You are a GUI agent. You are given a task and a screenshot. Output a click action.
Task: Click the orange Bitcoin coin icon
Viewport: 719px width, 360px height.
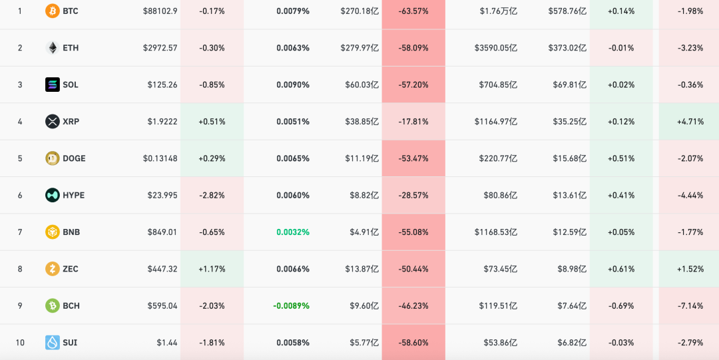52,11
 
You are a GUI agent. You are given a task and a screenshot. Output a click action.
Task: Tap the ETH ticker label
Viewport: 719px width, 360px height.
71,48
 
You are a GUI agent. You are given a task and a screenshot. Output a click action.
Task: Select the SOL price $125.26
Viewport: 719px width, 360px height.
162,85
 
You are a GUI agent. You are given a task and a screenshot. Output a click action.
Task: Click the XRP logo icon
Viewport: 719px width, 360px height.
52,122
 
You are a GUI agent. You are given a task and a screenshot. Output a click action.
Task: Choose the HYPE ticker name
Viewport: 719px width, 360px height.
73,195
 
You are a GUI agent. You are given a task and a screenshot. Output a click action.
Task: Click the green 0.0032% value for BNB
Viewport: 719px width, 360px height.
293,232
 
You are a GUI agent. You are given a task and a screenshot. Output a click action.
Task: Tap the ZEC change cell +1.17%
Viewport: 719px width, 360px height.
212,269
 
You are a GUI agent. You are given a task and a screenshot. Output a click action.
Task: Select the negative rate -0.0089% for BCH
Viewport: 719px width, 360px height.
291,306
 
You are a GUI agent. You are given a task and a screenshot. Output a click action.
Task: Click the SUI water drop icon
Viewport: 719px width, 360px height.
52,343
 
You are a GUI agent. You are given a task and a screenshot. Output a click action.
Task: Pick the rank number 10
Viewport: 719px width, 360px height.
20,343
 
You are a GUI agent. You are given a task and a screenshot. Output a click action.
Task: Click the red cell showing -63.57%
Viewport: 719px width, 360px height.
413,11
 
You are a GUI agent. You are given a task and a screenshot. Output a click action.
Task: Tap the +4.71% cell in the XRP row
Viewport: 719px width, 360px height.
690,122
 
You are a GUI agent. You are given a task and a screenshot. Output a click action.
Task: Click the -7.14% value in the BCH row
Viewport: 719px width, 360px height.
690,306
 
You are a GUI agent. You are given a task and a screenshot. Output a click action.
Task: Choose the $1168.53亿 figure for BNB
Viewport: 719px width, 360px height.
496,232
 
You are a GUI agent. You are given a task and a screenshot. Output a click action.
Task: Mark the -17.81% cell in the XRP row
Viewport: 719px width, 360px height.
413,122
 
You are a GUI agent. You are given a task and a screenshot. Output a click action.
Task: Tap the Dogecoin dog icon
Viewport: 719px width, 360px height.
52,158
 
